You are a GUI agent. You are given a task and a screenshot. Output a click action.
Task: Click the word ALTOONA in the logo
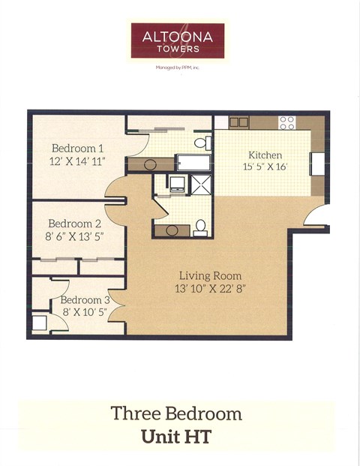click(x=177, y=36)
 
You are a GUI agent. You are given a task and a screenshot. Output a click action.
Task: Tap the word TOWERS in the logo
click(x=177, y=49)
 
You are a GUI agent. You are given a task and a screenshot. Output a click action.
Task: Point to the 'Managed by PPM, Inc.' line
click(x=177, y=68)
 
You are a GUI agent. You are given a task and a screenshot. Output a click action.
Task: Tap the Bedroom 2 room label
click(x=75, y=224)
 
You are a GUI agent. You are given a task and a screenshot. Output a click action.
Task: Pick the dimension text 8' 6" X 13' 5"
click(x=75, y=237)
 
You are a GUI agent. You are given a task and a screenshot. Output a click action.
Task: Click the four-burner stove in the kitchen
click(x=287, y=122)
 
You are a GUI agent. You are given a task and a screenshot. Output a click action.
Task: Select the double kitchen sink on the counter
click(x=238, y=122)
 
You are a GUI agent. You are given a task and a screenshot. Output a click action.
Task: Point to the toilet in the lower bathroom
click(x=200, y=227)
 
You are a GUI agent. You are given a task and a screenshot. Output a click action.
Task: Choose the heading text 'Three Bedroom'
click(x=176, y=413)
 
